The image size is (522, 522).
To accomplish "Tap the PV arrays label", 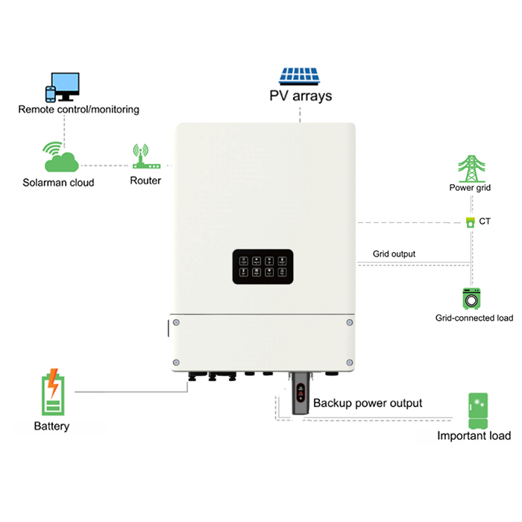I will click(301, 95).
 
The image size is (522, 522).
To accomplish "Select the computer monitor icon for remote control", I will click(66, 85).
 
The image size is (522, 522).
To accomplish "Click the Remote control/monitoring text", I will click(78, 110).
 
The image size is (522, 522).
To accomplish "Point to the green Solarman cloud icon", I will click(62, 157).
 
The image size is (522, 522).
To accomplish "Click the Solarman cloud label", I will click(58, 182).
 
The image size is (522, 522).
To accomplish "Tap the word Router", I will click(145, 180).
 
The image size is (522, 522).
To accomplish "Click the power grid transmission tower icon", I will click(470, 169).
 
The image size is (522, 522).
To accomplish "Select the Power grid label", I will click(470, 188).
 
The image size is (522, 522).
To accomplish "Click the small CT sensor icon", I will click(470, 221).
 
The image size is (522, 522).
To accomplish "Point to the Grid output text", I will click(394, 254).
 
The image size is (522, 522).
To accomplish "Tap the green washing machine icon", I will click(471, 298).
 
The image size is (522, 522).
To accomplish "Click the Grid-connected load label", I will click(474, 318).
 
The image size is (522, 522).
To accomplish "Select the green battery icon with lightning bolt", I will click(52, 392).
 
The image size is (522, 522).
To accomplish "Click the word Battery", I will click(51, 427).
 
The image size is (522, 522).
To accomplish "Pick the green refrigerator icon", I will click(477, 411).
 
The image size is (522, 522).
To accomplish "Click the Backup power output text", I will click(368, 403).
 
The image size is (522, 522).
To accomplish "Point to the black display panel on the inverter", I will click(262, 267).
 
